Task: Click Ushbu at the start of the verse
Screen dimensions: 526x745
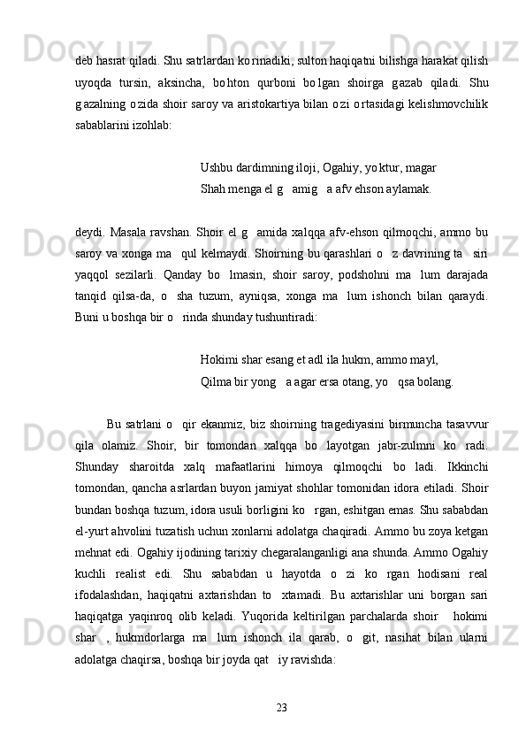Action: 218,167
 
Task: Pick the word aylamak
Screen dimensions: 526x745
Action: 405,188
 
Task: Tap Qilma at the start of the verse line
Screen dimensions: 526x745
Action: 217,357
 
